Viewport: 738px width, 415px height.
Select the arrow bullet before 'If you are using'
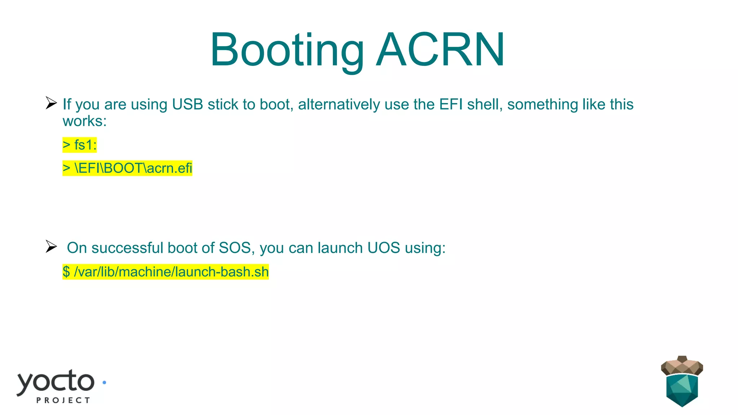tap(51, 103)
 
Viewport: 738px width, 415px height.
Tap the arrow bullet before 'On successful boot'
tap(51, 247)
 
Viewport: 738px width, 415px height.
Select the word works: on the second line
tap(85, 121)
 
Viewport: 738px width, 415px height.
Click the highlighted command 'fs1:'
tap(85, 145)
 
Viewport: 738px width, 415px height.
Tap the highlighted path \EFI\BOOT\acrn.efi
tap(133, 168)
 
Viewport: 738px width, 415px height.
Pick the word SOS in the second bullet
tap(235, 248)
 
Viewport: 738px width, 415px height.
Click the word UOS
tap(383, 248)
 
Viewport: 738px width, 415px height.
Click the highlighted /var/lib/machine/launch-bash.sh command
tap(171, 272)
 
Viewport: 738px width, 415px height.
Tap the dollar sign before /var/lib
tap(66, 272)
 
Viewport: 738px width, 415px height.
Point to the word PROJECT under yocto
tap(63, 400)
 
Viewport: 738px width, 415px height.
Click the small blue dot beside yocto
tap(105, 383)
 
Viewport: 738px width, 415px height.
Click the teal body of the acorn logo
tap(682, 391)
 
